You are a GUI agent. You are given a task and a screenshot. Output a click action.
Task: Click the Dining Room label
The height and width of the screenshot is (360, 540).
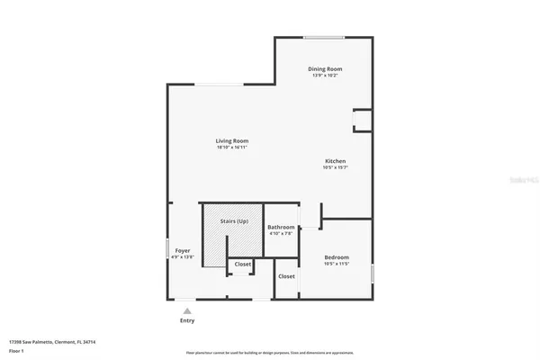point(325,68)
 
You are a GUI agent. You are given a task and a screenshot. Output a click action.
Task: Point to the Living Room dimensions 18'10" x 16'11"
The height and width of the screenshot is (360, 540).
point(231,148)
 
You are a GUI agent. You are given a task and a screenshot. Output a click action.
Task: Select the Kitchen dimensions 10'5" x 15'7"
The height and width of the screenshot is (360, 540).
point(336,168)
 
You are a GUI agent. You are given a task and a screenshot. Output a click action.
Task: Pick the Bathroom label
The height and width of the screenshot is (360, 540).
point(282,227)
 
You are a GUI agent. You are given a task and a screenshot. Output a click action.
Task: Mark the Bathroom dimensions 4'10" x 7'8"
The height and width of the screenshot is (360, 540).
point(282,234)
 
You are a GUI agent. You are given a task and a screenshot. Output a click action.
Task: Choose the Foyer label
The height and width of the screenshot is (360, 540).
point(182,250)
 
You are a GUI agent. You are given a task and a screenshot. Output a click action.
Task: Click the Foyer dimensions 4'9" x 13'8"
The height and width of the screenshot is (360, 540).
point(182,257)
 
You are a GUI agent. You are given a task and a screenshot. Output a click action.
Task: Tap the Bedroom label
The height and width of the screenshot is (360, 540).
point(337,257)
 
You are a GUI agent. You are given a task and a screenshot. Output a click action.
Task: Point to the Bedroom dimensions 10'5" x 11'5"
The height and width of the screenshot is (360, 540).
point(337,265)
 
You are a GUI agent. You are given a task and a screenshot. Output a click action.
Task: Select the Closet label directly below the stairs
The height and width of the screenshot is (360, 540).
point(243,264)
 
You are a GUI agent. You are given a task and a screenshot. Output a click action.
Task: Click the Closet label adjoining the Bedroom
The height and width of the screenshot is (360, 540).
point(286,276)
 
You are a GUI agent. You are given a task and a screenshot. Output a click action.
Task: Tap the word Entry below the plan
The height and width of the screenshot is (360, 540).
point(187,320)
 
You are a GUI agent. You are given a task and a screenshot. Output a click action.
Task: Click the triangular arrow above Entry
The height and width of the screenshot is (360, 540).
point(187,310)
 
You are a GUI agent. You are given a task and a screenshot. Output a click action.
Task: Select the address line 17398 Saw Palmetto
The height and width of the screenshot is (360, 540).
point(52,342)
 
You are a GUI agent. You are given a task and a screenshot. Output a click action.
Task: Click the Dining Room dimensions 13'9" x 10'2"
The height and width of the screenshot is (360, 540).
point(325,76)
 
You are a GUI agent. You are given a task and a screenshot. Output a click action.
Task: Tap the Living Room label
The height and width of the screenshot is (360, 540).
point(231,140)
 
